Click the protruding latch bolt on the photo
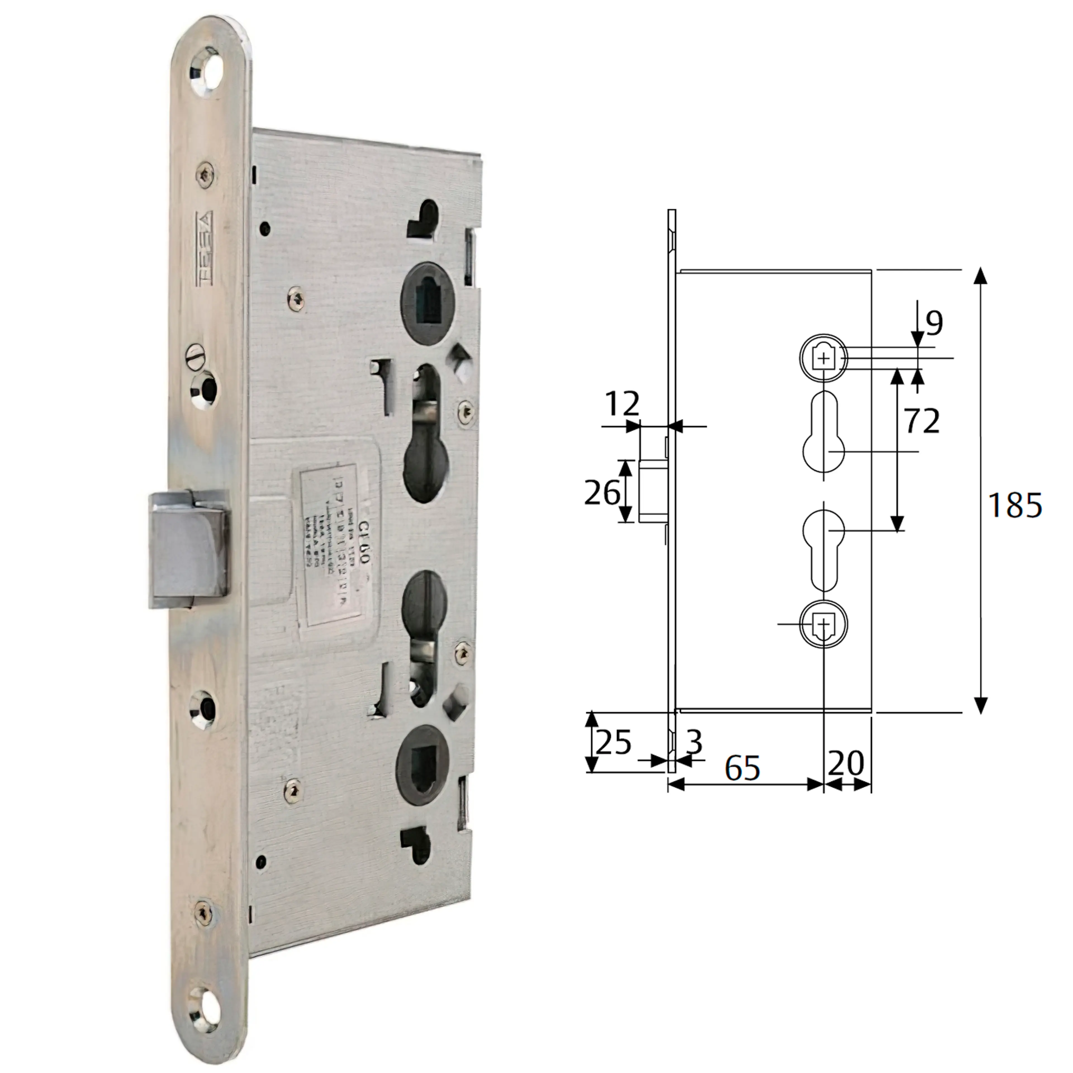pos(189,549)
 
